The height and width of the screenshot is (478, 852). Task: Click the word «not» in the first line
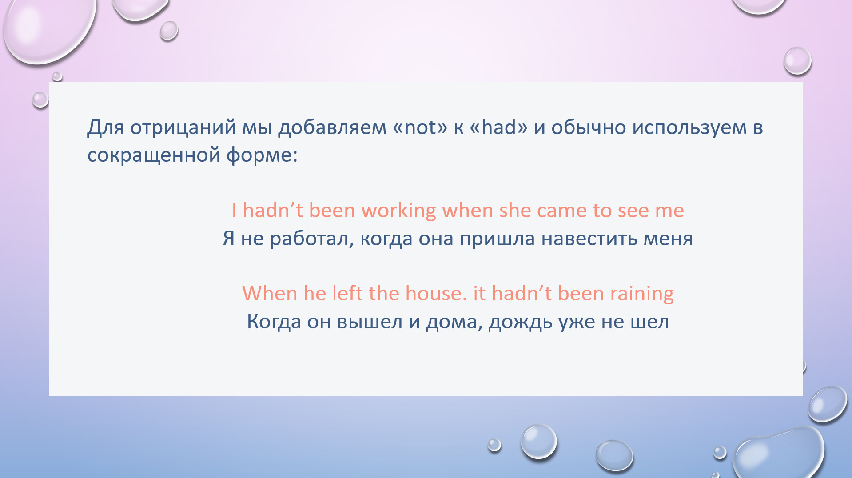click(420, 127)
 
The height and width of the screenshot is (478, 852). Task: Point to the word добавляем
click(332, 128)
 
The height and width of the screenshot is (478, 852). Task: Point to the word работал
click(312, 239)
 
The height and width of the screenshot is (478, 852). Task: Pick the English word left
click(347, 294)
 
